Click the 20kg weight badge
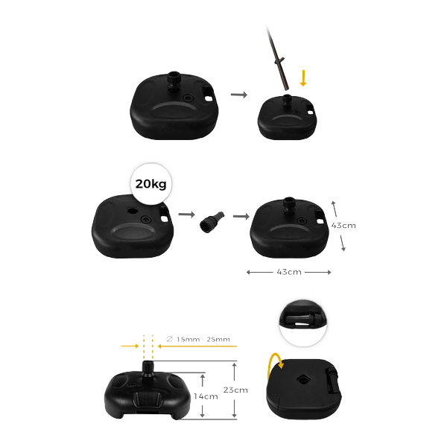150,184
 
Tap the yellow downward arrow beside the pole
303,78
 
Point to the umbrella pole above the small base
277,58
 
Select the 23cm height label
235,390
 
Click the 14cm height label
206,396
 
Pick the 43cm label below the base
289,272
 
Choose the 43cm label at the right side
343,226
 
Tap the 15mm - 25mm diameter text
198,339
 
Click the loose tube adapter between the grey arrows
212,221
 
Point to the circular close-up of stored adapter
302,323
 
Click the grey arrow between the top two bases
239,95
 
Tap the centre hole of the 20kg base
132,211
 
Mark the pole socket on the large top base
174,81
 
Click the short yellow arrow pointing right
130,346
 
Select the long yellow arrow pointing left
197,346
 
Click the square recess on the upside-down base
302,379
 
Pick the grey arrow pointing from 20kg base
187,214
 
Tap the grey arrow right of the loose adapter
241,216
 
